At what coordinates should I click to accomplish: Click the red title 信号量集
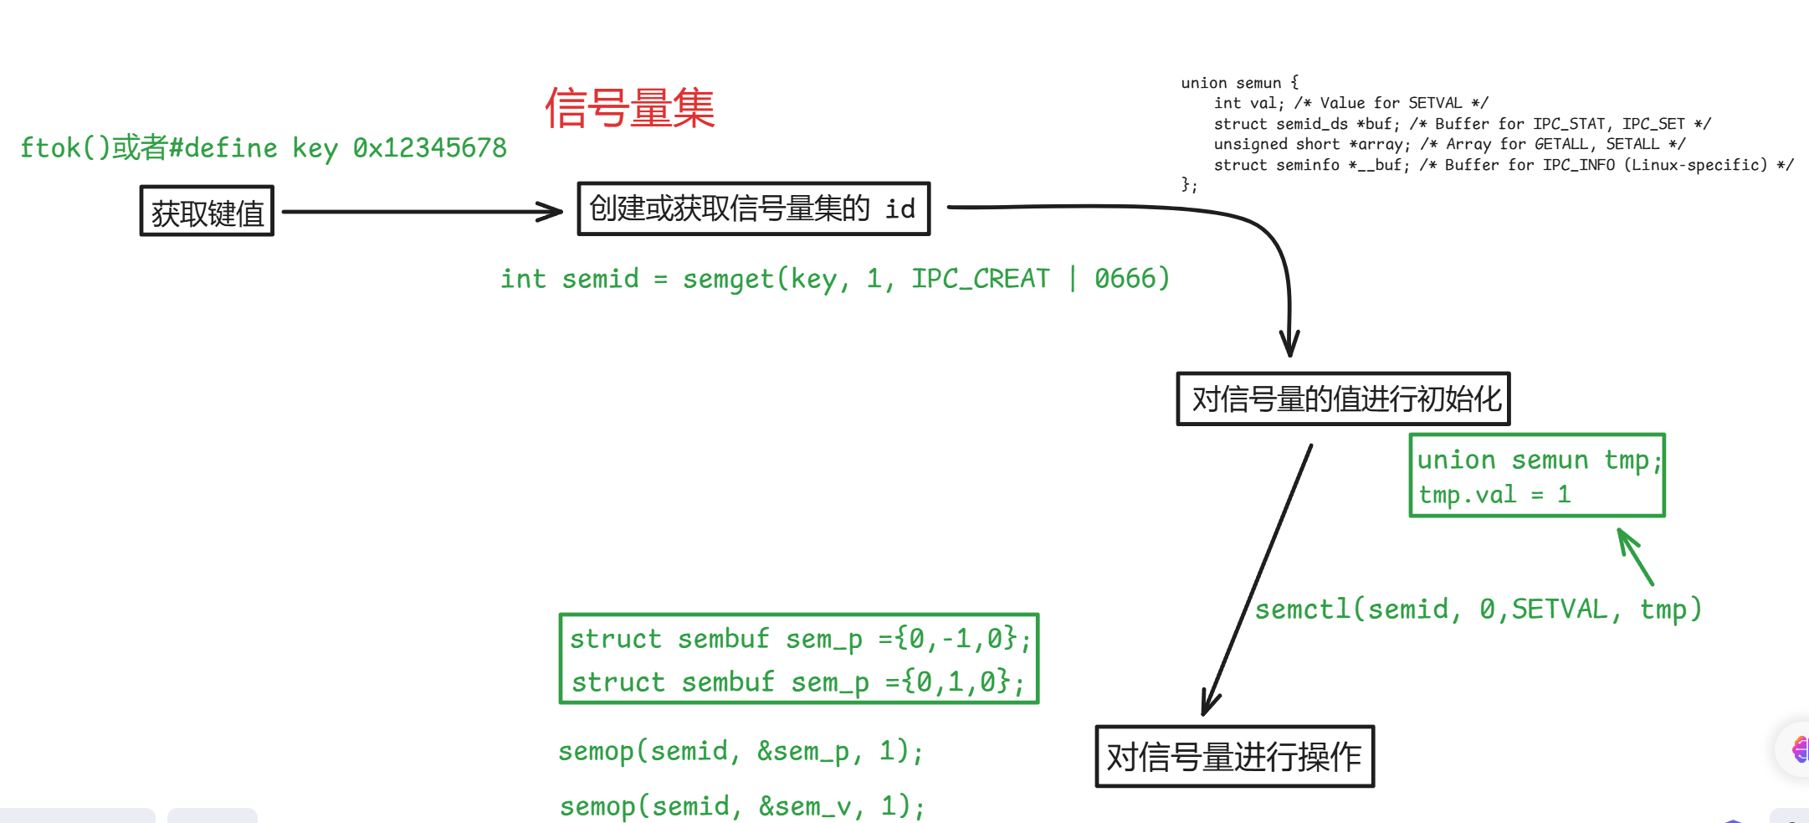[629, 109]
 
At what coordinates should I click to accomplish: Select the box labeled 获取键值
[207, 212]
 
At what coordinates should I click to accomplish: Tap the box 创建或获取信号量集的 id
[753, 208]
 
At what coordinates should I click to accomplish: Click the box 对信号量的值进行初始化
[1343, 399]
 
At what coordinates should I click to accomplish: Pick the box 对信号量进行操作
[1234, 757]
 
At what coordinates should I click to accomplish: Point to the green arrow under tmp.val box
[1635, 556]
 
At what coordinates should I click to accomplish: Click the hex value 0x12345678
[429, 148]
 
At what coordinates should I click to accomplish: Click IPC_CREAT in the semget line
[980, 279]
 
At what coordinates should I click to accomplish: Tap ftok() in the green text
[65, 148]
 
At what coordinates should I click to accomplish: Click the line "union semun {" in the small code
[1239, 83]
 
